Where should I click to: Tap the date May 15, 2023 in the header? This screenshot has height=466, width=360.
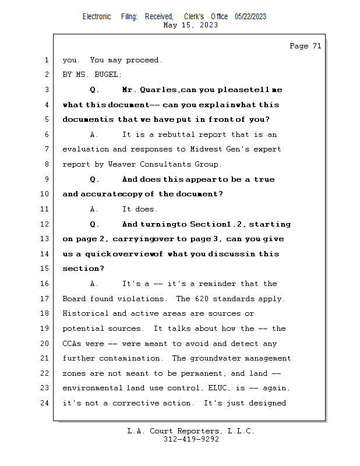point(191,25)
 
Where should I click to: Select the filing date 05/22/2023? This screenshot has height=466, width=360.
point(250,16)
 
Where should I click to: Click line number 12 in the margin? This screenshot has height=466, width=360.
point(46,224)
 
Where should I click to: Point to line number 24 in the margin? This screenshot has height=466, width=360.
point(46,403)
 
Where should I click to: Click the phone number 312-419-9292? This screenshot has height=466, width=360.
point(191,440)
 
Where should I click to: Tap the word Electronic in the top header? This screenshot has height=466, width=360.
point(96,16)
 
